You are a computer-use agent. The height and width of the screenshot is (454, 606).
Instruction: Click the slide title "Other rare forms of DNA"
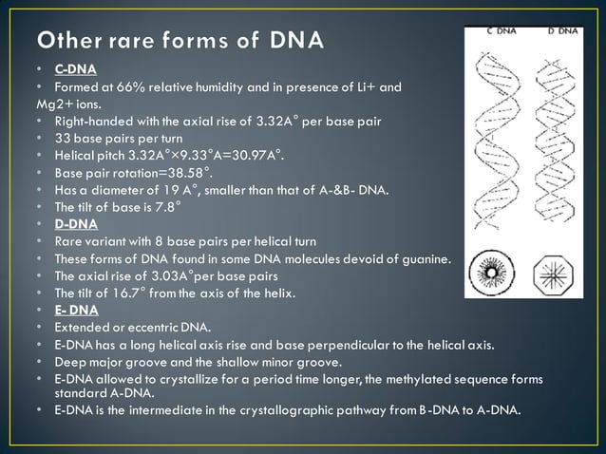tap(179, 42)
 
